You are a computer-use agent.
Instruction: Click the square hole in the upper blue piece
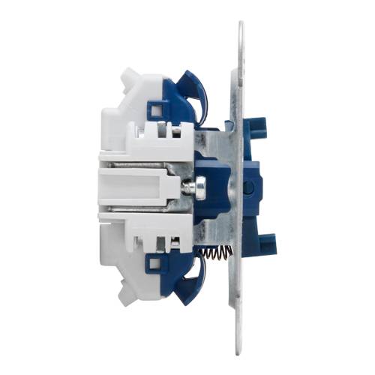[x=156, y=112]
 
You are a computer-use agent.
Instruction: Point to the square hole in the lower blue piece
[x=155, y=262]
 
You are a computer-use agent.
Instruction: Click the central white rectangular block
[x=135, y=186]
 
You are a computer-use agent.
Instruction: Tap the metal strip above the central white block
[x=142, y=160]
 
